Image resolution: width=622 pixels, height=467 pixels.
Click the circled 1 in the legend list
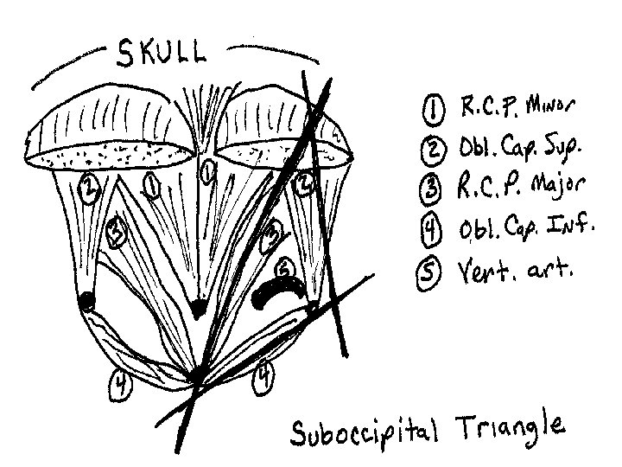point(430,109)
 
